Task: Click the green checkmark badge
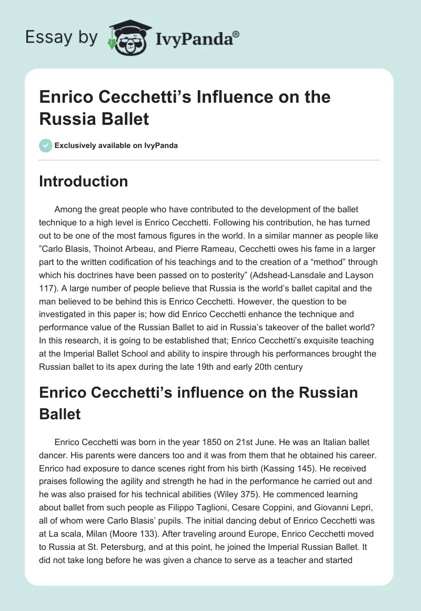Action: coord(46,145)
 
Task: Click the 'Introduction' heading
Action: coord(84,182)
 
